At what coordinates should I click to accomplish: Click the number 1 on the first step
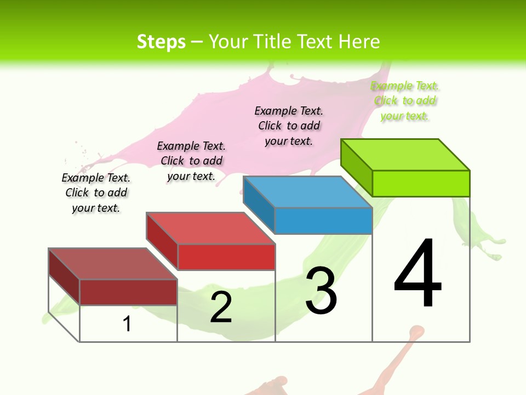coord(127,324)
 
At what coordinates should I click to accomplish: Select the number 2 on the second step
coord(221,307)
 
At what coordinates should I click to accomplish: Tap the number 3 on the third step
coord(321,291)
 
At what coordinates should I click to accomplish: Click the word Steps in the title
coord(161,42)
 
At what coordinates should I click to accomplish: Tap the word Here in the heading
coord(359,42)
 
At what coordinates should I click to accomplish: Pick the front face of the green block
coord(421,183)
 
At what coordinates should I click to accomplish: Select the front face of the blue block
coord(323,221)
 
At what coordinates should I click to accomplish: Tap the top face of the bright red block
coord(210,228)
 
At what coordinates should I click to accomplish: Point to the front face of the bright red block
coord(226,257)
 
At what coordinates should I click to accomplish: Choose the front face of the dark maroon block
coord(128,292)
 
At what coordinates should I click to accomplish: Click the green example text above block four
coord(404,101)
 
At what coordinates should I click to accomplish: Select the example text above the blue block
coord(289,126)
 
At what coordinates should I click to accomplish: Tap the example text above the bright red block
coord(191,161)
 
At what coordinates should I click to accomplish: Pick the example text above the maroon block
coord(96,193)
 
